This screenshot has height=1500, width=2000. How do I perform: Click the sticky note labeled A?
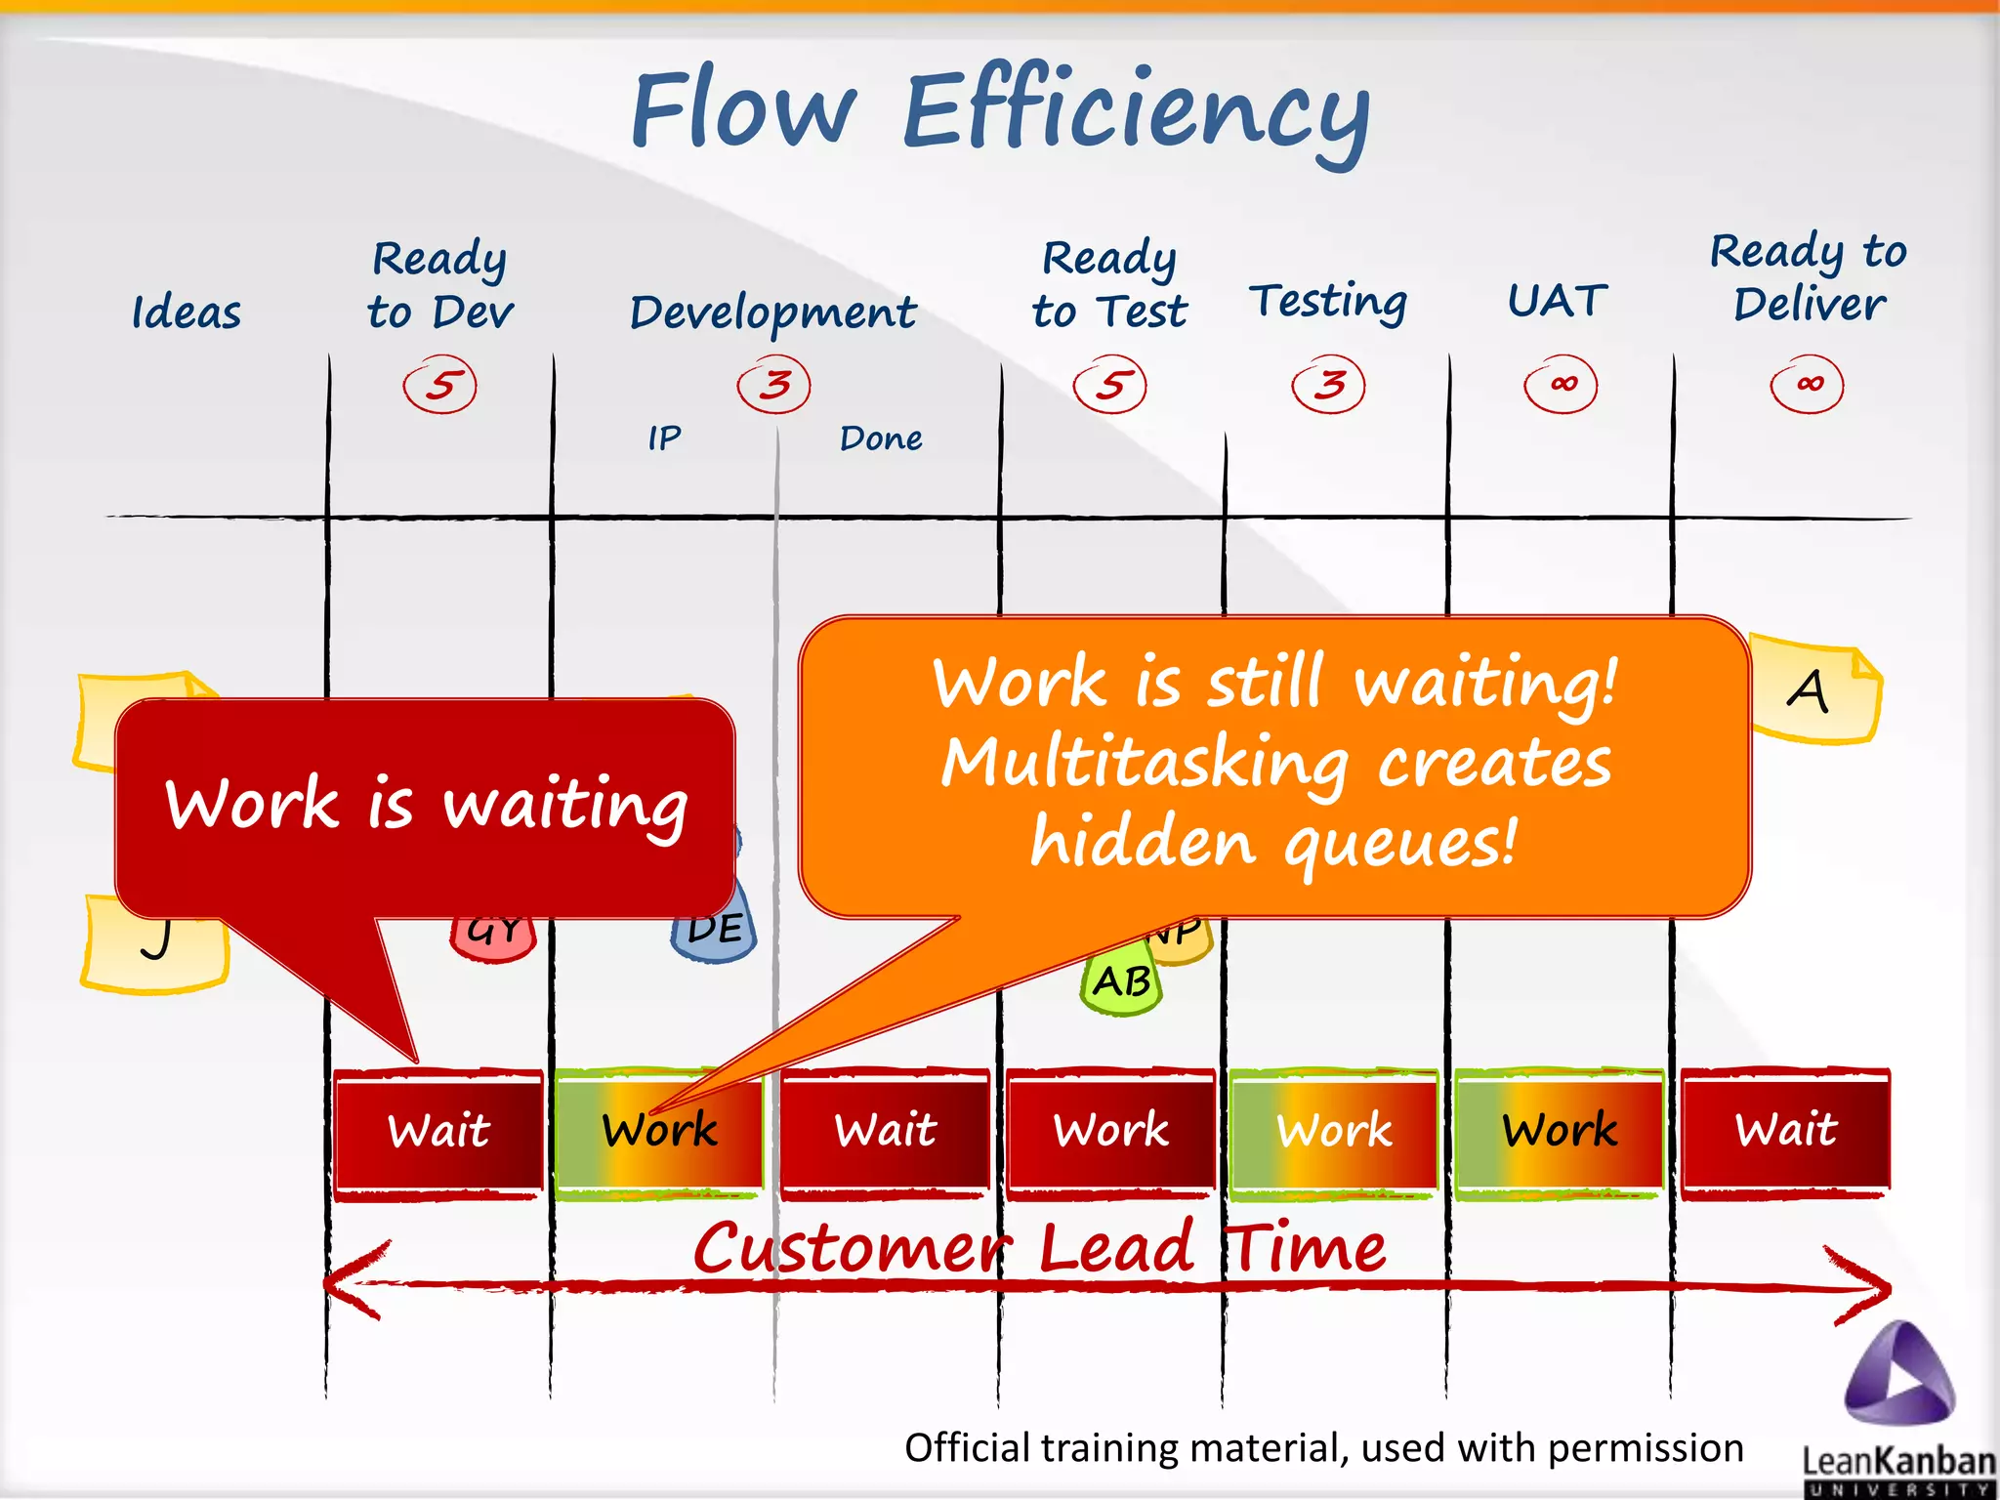(x=1814, y=690)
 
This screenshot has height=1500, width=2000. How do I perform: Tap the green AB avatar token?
(x=1121, y=982)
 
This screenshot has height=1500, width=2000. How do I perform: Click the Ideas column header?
(x=186, y=313)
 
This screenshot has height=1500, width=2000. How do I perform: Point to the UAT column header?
(x=1558, y=300)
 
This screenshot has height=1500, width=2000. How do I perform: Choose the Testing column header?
(x=1328, y=302)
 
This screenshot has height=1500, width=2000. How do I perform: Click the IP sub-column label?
(x=664, y=438)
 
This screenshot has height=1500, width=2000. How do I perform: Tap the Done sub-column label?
(x=880, y=438)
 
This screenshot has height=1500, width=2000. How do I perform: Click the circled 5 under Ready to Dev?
(x=440, y=385)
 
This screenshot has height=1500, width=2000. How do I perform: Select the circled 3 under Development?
(x=774, y=385)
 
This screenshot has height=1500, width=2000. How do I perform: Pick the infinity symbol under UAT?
(x=1562, y=385)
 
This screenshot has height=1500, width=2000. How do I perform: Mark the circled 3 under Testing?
(x=1328, y=385)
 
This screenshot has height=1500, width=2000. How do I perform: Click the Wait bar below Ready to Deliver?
(x=1786, y=1131)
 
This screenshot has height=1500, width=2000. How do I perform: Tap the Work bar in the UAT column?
(x=1560, y=1131)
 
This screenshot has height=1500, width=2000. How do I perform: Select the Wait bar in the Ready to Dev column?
(x=438, y=1131)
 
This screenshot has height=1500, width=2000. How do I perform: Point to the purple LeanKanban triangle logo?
(x=1898, y=1375)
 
